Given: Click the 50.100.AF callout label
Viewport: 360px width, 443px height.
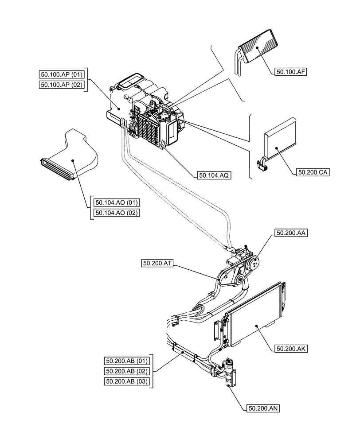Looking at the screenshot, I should tap(291, 71).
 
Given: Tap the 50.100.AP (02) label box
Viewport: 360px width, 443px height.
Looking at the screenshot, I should tap(62, 85).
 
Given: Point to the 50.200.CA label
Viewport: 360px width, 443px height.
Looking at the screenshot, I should tap(311, 173).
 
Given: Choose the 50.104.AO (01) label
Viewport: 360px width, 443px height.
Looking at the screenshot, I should tap(117, 202).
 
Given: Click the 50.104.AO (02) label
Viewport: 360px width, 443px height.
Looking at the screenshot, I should tap(117, 213).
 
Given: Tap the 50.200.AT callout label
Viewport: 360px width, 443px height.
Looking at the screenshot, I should tap(157, 263).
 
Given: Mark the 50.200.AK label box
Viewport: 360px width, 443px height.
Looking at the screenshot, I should tap(291, 348).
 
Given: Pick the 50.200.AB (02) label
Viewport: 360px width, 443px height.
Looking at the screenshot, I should tap(127, 371).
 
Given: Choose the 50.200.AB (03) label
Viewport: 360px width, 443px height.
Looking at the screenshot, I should tap(127, 381).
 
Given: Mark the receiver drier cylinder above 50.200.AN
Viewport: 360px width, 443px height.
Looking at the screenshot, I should tap(229, 372).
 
